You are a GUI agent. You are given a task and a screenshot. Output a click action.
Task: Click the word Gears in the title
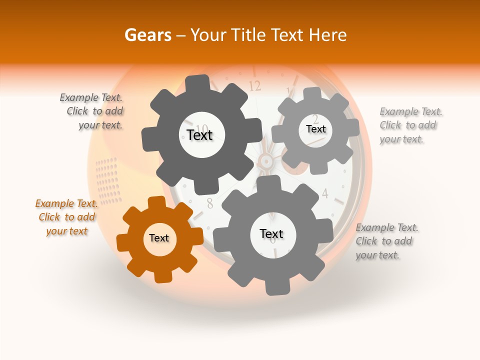(x=147, y=35)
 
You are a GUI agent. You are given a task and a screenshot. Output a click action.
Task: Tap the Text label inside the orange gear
(x=159, y=238)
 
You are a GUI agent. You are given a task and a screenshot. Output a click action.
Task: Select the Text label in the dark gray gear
(x=199, y=135)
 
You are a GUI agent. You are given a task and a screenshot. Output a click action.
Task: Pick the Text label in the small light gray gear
(x=315, y=129)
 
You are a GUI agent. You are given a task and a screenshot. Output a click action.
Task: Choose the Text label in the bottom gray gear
(x=271, y=234)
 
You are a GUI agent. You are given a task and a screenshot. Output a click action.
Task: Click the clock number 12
(x=254, y=86)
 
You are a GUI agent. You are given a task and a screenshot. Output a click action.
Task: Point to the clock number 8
(x=210, y=203)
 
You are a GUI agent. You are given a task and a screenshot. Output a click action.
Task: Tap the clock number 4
(x=324, y=193)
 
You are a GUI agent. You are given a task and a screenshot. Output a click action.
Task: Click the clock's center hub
(x=266, y=161)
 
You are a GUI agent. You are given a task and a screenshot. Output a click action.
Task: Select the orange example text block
(x=66, y=217)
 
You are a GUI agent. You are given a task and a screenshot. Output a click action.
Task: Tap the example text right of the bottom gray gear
(x=385, y=241)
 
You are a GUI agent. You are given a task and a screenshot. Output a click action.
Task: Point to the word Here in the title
(x=328, y=35)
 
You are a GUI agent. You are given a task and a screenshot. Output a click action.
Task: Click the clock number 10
(x=202, y=128)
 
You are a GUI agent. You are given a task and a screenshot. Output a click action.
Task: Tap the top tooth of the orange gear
(x=156, y=203)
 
